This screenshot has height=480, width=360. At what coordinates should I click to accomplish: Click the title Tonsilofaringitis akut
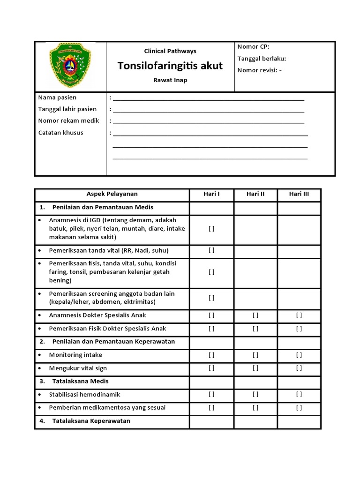pyautogui.click(x=170, y=66)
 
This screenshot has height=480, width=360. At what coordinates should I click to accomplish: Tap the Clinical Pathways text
pyautogui.click(x=170, y=51)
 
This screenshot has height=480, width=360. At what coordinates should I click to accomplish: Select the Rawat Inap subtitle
pyautogui.click(x=170, y=80)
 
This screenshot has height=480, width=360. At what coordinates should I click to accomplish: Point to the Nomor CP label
pyautogui.click(x=254, y=46)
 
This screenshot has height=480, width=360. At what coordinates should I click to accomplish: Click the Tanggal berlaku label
pyautogui.click(x=262, y=59)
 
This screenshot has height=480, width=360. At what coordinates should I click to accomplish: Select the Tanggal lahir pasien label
pyautogui.click(x=67, y=109)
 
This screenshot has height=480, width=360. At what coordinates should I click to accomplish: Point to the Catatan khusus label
pyautogui.click(x=60, y=133)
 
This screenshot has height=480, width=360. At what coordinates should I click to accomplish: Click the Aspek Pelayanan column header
pyautogui.click(x=112, y=194)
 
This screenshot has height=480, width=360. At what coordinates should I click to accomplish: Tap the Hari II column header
pyautogui.click(x=255, y=194)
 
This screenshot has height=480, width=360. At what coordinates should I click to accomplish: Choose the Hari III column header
pyautogui.click(x=299, y=194)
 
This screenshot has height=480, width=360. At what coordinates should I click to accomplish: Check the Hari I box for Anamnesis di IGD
pyautogui.click(x=211, y=229)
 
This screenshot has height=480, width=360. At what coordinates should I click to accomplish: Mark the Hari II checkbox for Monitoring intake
pyautogui.click(x=255, y=355)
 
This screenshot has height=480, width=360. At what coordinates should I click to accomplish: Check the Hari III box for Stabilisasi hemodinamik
pyautogui.click(x=299, y=395)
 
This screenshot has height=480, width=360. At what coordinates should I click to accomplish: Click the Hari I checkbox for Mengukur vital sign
pyautogui.click(x=211, y=368)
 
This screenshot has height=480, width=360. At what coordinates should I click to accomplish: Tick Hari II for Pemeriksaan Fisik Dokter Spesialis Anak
pyautogui.click(x=255, y=329)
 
